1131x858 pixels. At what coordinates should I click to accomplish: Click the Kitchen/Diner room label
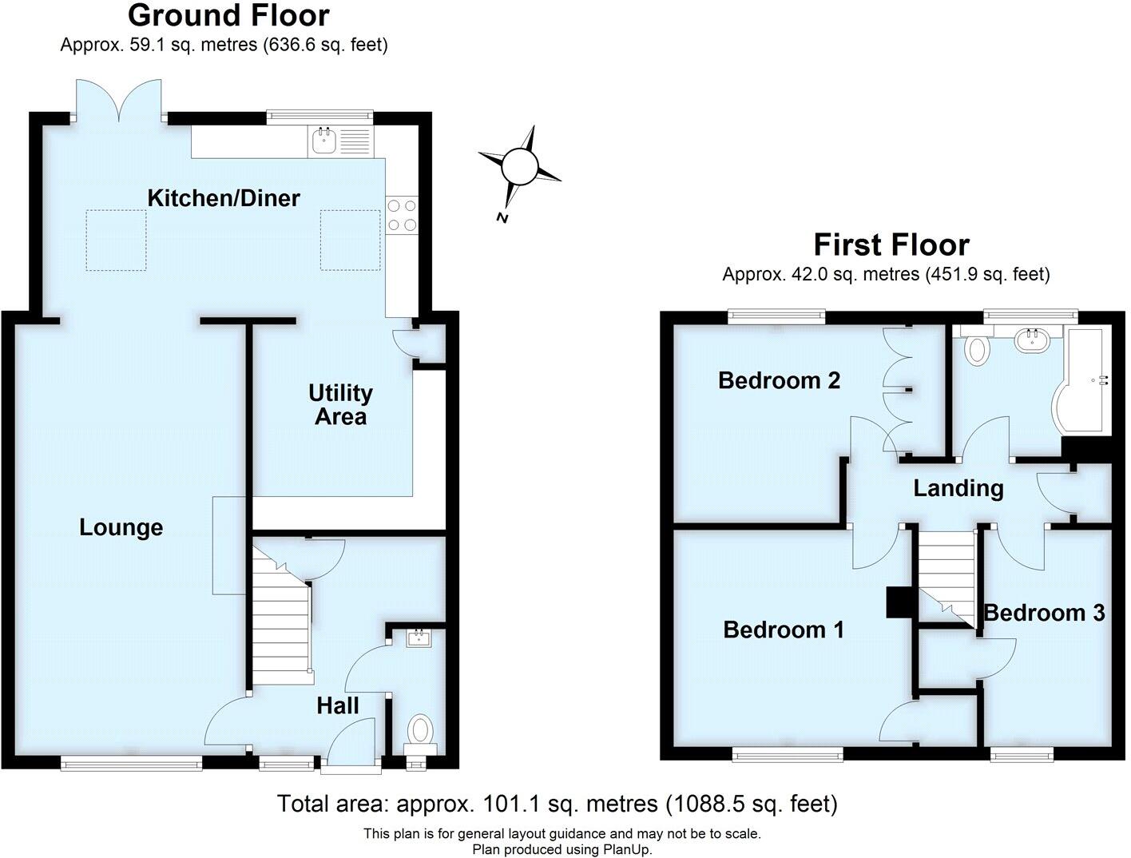[x=224, y=198]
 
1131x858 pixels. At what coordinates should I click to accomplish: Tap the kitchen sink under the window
[x=323, y=141]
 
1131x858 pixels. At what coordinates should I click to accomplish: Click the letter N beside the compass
[x=502, y=217]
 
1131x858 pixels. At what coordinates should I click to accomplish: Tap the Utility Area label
[x=341, y=404]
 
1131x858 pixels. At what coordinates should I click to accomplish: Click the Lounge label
[x=121, y=527]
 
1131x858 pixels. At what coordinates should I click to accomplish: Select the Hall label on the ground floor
[x=338, y=705]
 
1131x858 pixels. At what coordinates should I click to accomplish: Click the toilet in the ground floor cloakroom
[x=420, y=730]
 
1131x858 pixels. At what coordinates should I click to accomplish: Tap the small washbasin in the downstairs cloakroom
[x=419, y=638]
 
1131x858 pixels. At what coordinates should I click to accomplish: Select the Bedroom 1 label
[x=784, y=630]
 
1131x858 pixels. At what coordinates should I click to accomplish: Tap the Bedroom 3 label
[x=1044, y=613]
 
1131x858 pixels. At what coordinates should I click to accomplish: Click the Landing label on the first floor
[x=958, y=488]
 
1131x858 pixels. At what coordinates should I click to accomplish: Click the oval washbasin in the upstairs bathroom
[x=1034, y=341]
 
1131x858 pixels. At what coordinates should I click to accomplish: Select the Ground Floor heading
[x=228, y=16]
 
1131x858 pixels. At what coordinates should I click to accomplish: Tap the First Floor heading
[x=891, y=244]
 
